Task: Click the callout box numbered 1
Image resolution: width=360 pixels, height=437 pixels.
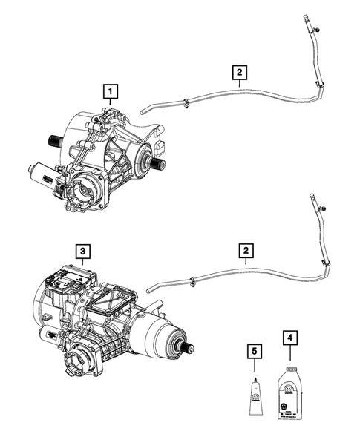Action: (111, 91)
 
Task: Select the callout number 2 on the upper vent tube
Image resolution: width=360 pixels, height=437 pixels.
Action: (239, 73)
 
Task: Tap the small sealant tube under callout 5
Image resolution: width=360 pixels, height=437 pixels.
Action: (252, 392)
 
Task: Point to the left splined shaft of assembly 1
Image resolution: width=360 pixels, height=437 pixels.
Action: (54, 140)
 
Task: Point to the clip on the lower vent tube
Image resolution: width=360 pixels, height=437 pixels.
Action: (192, 282)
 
